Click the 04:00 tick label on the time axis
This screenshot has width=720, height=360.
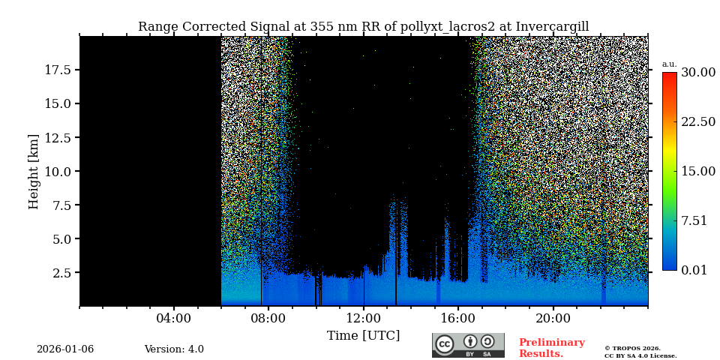tap(174, 318)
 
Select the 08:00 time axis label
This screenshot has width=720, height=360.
tap(268, 318)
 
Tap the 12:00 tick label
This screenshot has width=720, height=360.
tap(364, 318)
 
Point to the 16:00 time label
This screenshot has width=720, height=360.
tap(458, 318)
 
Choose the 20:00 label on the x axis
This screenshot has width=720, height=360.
tap(553, 318)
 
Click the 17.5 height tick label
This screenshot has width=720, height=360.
tap(58, 70)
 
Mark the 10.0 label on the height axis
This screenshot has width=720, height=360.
tap(58, 172)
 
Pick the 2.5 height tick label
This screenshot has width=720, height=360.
tap(61, 273)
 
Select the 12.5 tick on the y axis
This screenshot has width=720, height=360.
tap(58, 138)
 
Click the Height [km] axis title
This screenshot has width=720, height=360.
tap(34, 171)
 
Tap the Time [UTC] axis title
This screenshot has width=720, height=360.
tap(363, 335)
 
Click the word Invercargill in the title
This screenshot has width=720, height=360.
tap(552, 27)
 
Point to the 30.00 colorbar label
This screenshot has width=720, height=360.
tap(697, 73)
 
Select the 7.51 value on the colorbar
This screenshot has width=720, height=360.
tap(694, 220)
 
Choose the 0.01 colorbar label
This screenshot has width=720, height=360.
tap(694, 270)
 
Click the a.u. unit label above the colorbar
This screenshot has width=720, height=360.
tap(669, 64)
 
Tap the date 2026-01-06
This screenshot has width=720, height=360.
tap(65, 349)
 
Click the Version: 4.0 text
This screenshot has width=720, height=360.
tap(174, 349)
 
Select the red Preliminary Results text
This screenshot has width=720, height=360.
tap(551, 348)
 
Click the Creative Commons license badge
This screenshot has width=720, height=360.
tap(468, 345)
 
